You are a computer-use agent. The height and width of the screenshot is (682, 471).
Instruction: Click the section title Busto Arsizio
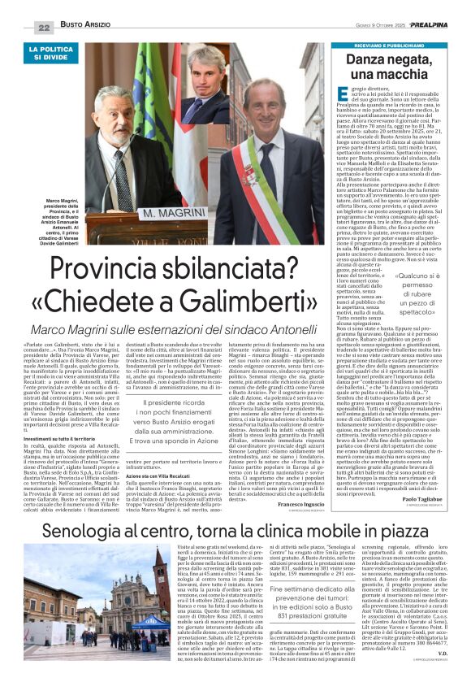pos(87,27)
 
